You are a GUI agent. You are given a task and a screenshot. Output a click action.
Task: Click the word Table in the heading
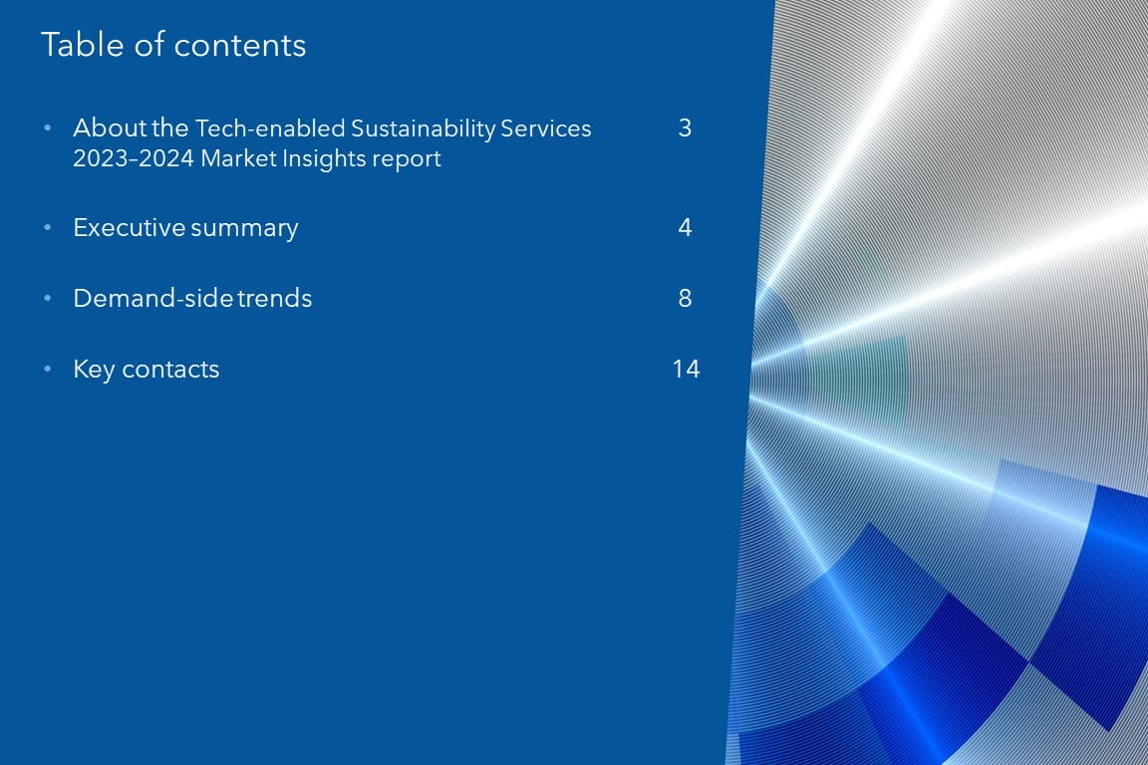coord(83,45)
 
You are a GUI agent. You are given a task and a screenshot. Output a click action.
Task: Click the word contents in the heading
coord(240,46)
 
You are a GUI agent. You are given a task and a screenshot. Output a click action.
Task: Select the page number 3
coord(685,128)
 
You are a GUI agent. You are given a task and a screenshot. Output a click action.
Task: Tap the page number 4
coord(685,228)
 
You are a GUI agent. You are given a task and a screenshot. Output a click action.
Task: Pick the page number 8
coord(685,298)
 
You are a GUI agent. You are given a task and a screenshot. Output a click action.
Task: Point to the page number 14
coord(686,369)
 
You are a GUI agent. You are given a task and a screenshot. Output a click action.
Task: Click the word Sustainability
coord(424,129)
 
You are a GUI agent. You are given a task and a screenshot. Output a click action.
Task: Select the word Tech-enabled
coord(270,128)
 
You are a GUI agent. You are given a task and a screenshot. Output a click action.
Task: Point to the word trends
coord(275,298)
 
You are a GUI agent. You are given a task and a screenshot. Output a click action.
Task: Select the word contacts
coord(170,370)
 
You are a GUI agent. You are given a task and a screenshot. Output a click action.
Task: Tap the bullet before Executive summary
coord(48,228)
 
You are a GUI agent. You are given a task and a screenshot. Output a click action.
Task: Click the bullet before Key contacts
coord(48,369)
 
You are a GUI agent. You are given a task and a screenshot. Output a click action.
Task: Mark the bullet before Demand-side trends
coord(48,298)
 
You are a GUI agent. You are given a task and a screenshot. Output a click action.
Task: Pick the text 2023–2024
coord(134,158)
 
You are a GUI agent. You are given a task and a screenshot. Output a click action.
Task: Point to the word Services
coord(546,128)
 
